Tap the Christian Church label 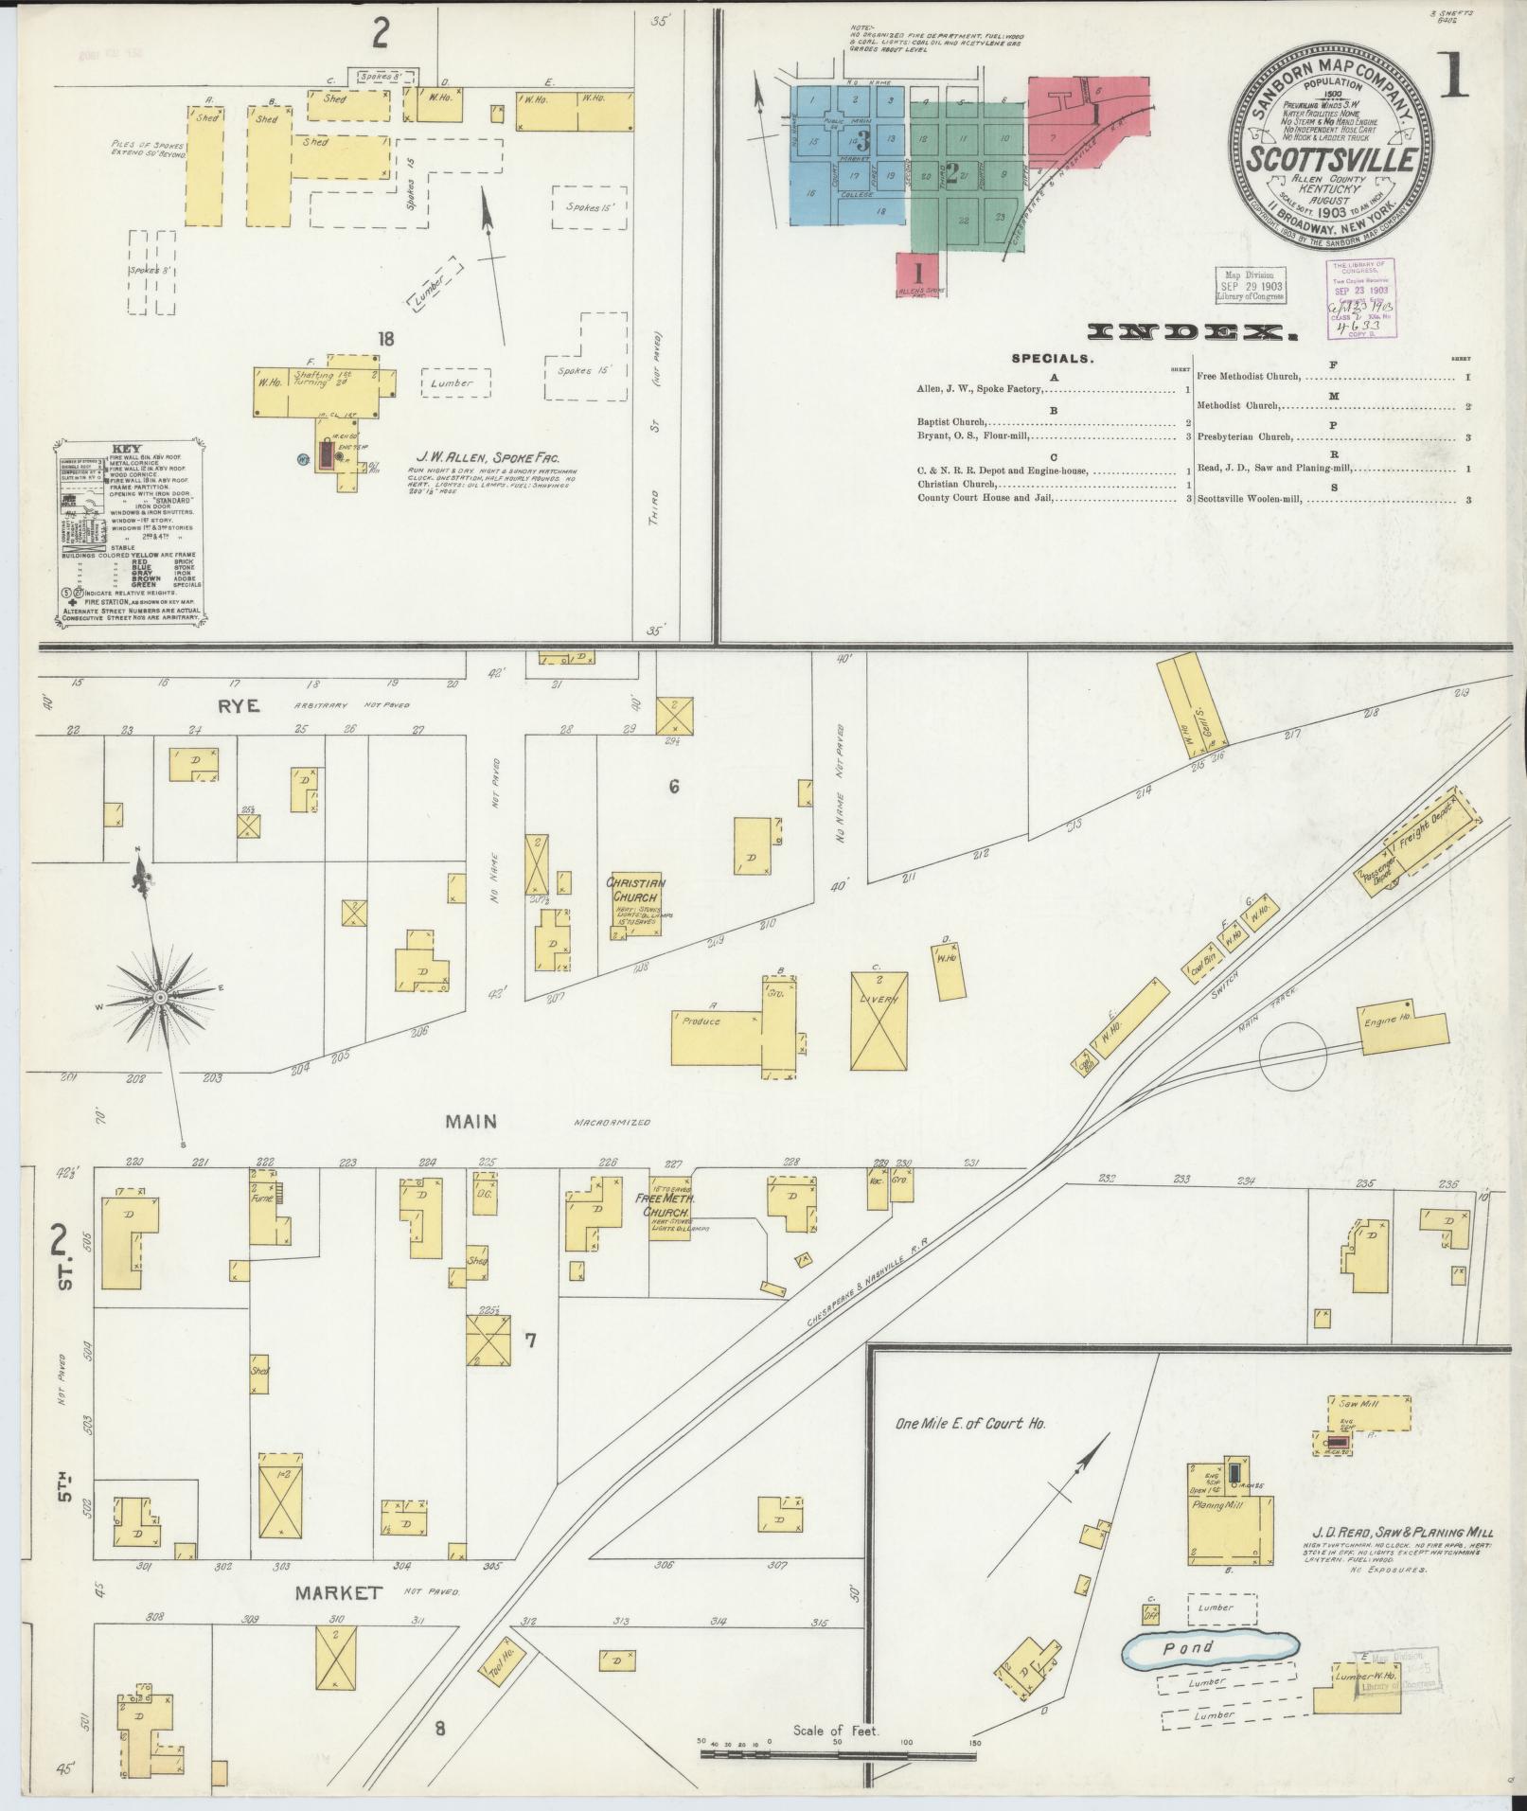636,889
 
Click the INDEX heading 1192,331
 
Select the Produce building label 701,1021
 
